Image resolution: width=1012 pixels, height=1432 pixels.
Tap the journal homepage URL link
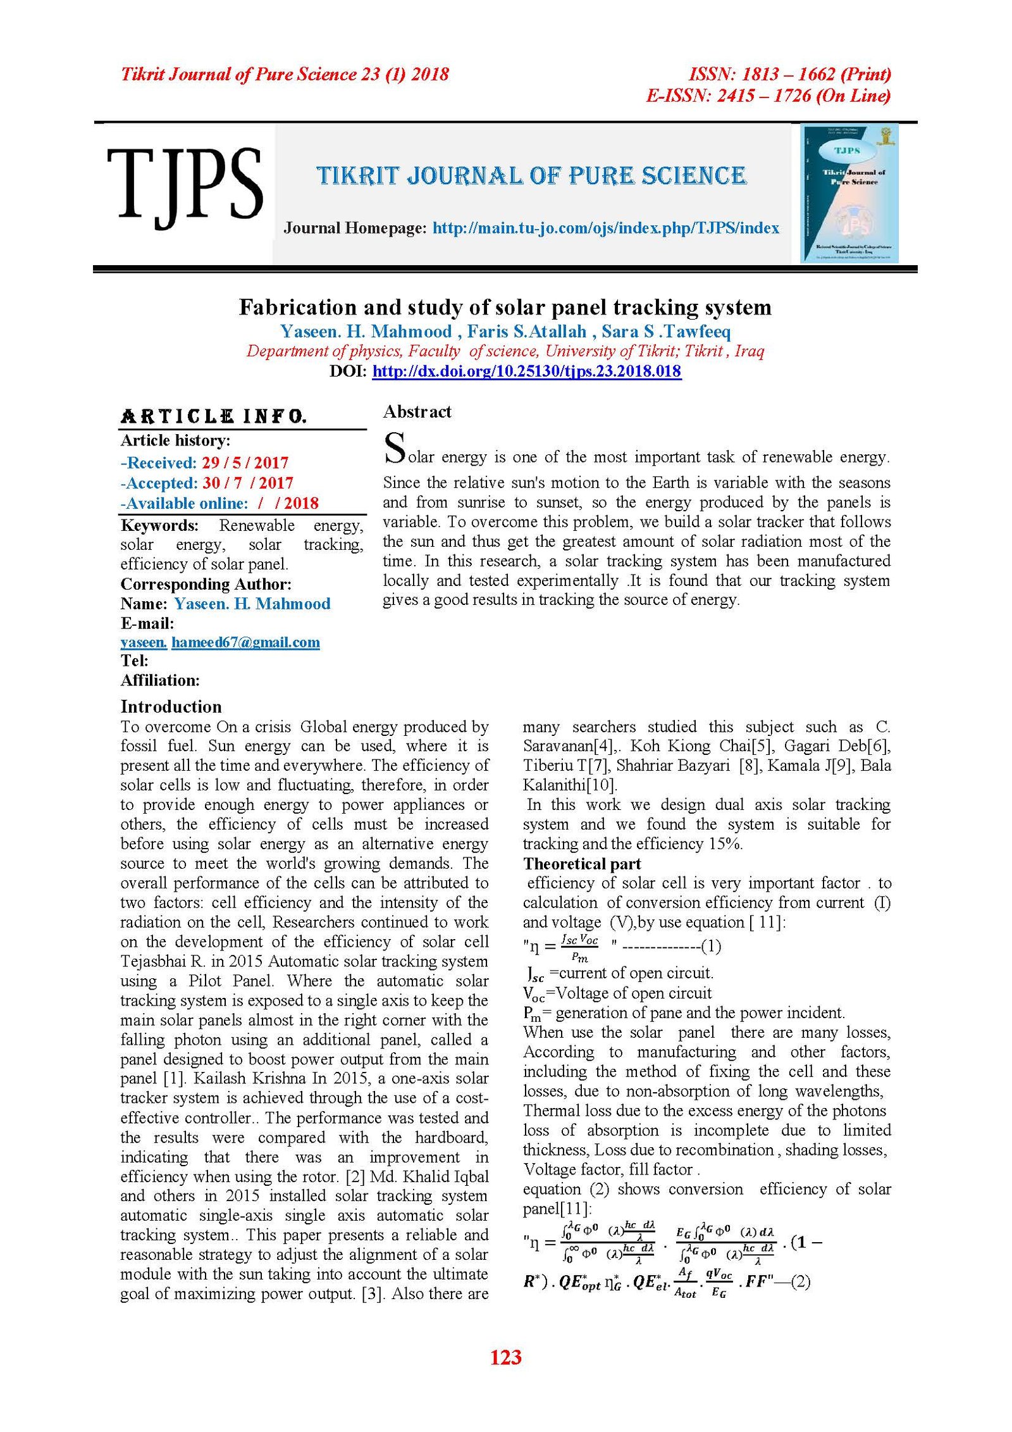[605, 228]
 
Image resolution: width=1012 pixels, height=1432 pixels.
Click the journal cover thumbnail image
[849, 193]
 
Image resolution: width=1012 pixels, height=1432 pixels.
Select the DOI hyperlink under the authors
[526, 371]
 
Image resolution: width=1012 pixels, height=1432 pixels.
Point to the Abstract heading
[417, 412]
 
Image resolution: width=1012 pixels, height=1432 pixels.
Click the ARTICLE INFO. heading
[214, 416]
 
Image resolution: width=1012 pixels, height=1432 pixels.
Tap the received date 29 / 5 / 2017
[245, 463]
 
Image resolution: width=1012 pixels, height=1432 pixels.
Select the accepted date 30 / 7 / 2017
[247, 483]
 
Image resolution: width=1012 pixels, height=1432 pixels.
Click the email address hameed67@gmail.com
[245, 642]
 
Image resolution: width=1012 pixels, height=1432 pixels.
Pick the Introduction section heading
[171, 707]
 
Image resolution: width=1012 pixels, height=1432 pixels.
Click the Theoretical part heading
[582, 864]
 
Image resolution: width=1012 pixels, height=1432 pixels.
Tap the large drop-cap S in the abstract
[395, 448]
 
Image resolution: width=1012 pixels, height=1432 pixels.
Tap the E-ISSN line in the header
[768, 96]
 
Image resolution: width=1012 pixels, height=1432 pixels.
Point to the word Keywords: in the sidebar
[159, 525]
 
